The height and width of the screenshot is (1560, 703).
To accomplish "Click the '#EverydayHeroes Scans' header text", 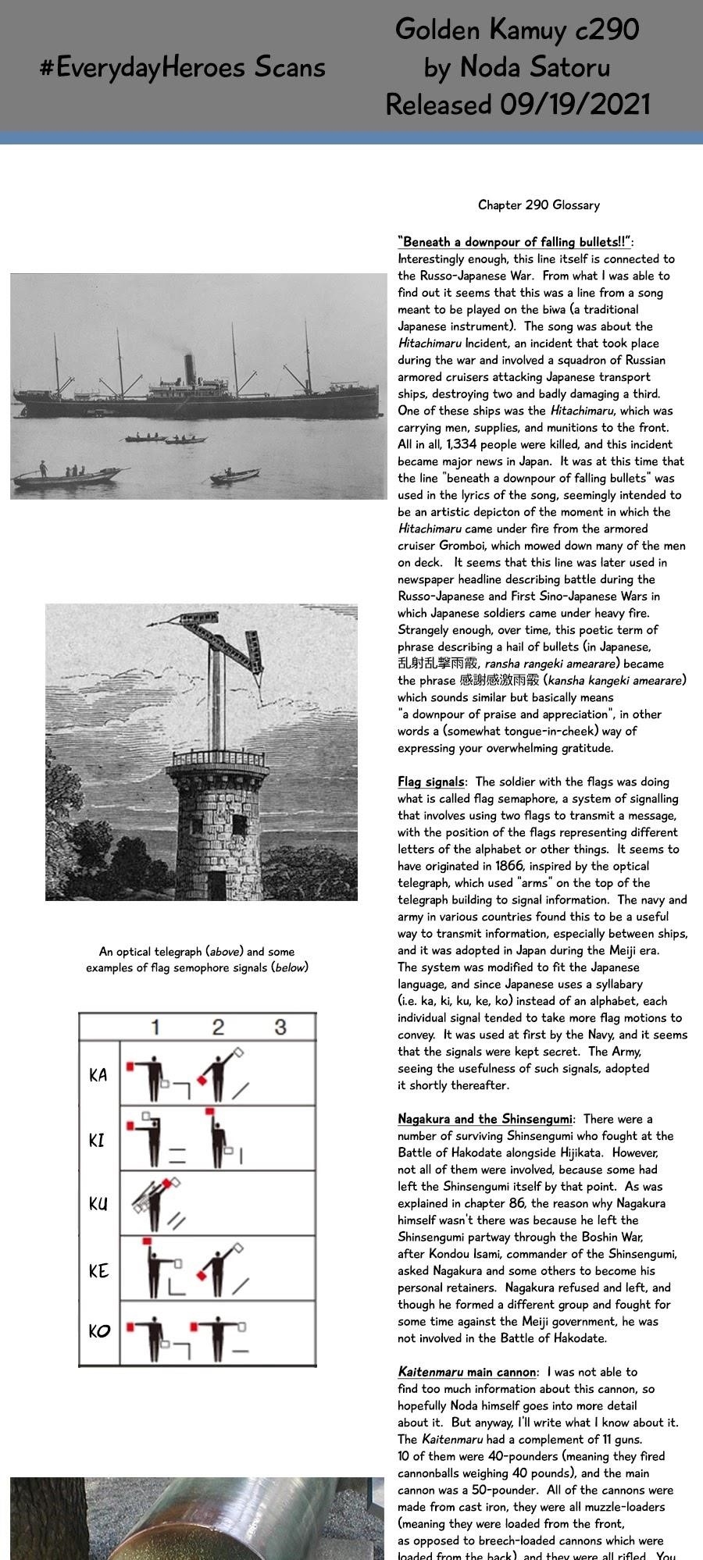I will [182, 68].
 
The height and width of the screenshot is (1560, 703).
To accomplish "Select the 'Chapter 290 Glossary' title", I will [539, 205].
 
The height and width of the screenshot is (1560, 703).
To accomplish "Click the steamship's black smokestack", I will [189, 369].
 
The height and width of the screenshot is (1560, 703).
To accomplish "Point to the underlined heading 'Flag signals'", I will [430, 782].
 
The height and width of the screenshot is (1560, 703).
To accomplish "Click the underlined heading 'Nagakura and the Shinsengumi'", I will [484, 1119].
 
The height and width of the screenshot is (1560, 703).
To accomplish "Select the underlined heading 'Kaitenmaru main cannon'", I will [467, 1372].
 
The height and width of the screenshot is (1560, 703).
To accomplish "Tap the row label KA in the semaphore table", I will [98, 1075].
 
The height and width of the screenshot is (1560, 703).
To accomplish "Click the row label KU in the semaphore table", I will [98, 1203].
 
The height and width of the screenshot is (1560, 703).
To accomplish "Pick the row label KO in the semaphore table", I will [99, 1330].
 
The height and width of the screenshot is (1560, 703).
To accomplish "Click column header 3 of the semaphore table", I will [280, 1027].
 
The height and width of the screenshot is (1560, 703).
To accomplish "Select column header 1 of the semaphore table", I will [155, 1027].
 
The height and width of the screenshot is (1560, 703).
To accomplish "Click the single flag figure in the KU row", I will [156, 1202].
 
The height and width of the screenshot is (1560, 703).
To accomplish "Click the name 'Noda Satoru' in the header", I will [535, 68].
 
